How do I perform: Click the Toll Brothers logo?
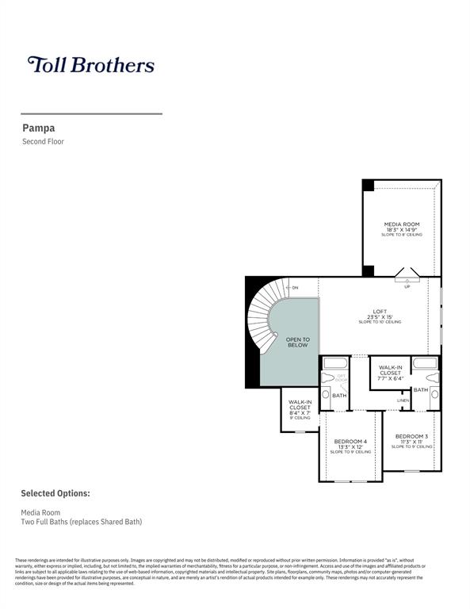coord(90,64)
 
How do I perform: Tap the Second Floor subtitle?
coord(43,142)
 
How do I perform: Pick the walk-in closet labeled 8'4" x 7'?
coord(300,408)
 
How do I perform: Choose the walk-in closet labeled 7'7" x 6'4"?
coord(390,373)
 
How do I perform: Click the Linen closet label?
coord(403,400)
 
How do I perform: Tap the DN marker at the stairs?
coord(295,287)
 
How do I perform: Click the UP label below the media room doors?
coord(407,286)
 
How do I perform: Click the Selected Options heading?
coord(55,493)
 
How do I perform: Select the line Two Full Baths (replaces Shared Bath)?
coord(81,522)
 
